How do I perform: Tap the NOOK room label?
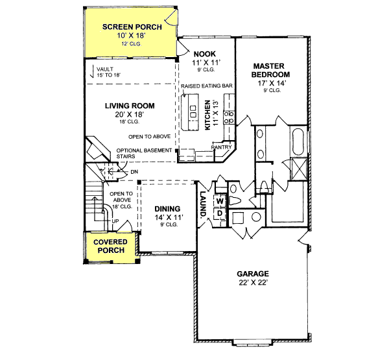click(203, 53)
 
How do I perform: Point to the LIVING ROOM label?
click(130, 105)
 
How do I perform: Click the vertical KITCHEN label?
click(208, 115)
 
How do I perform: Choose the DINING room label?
click(167, 208)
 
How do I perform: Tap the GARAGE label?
click(252, 273)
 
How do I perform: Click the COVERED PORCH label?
click(110, 246)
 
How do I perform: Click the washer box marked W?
click(219, 200)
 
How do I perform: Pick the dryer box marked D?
click(219, 212)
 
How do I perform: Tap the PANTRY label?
click(222, 147)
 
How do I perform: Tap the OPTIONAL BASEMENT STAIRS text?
click(144, 153)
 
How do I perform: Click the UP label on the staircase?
click(115, 220)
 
